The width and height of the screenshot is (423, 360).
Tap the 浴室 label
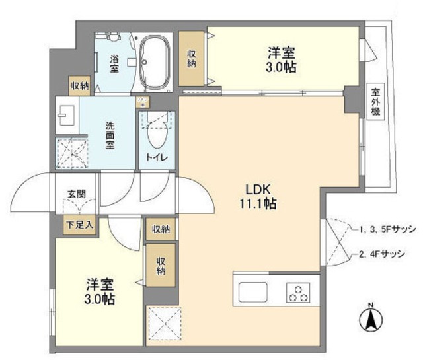(114, 62)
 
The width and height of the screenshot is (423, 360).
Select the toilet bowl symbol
(157, 135)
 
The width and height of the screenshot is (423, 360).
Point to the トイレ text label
(156, 157)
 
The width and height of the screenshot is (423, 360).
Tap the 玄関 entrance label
(74, 194)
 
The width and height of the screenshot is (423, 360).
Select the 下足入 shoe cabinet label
(79, 224)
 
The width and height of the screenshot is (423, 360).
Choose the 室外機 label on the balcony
(375, 104)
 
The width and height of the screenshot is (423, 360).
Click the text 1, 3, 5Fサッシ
(387, 229)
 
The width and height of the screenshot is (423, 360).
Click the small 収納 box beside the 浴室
(80, 85)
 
